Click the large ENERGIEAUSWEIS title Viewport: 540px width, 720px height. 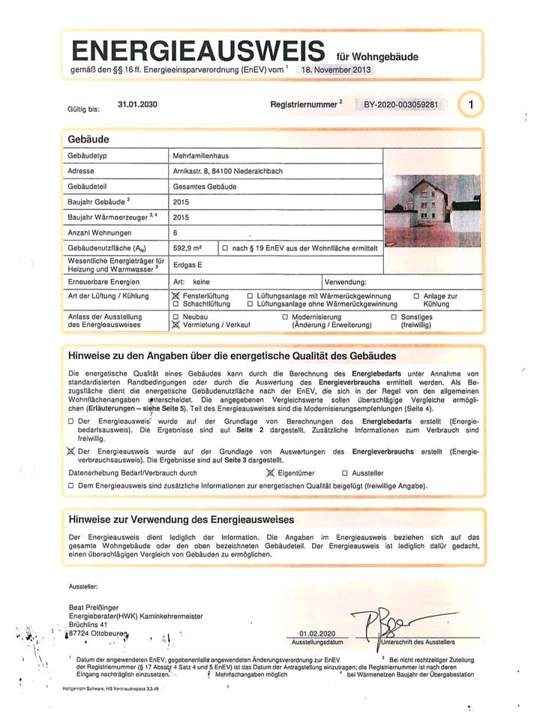point(196,51)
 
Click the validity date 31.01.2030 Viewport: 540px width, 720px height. point(137,105)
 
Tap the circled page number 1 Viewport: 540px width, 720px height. point(470,106)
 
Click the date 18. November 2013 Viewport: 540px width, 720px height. point(335,69)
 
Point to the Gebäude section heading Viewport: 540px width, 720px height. point(88,139)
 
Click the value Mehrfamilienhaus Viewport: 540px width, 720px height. point(200,156)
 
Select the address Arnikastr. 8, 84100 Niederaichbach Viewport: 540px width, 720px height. point(227,171)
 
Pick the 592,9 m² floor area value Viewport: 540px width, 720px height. point(187,247)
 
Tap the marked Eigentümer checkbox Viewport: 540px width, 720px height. point(271,473)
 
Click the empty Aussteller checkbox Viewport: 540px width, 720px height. point(345,473)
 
